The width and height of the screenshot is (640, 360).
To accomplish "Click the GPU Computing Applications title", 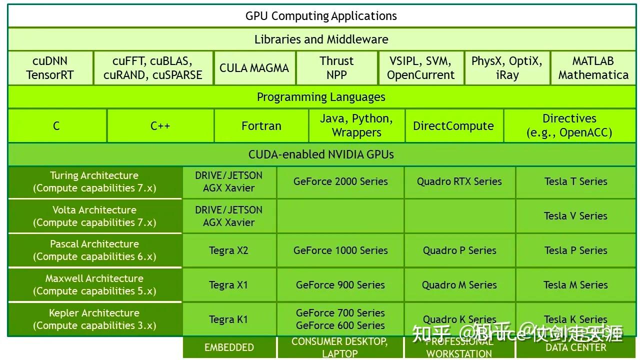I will click(321, 16).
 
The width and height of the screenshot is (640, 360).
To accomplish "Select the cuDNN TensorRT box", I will click(50, 68).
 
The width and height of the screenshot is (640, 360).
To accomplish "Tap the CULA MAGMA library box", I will click(254, 68).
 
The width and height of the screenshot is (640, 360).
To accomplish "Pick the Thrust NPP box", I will click(336, 68).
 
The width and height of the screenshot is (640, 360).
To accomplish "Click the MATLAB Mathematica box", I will click(593, 68).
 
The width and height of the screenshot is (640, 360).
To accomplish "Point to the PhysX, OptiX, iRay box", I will click(506, 68).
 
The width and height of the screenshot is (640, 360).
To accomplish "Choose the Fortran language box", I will click(261, 126).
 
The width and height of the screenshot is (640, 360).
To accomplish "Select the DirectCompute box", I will click(453, 126).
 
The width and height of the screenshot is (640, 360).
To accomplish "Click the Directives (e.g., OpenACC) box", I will click(569, 126).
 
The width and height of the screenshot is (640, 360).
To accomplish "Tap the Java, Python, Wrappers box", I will click(356, 126).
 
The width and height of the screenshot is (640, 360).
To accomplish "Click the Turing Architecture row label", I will click(94, 182).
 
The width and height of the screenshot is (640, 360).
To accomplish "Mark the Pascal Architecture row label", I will click(94, 250).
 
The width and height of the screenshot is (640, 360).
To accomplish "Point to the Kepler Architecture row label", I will click(94, 319).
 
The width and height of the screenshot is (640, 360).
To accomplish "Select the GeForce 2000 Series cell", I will click(340, 182).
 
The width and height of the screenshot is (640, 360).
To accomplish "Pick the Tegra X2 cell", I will click(228, 250).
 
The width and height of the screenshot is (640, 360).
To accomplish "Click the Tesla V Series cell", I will click(575, 216).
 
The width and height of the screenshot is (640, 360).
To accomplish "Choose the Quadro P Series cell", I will click(459, 250).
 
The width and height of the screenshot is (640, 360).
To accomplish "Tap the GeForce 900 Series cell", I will click(340, 285).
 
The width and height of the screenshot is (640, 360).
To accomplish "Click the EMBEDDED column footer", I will click(229, 347).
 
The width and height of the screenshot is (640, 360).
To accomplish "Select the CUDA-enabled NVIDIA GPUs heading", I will click(321, 154).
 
